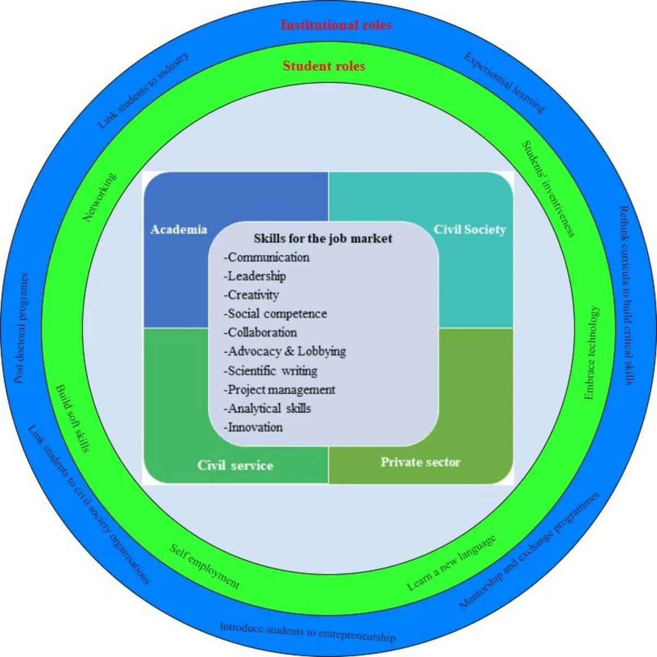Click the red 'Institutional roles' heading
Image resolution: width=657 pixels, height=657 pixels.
336,25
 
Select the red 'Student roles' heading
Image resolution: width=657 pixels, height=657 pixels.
324,66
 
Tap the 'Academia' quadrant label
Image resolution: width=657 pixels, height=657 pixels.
178,229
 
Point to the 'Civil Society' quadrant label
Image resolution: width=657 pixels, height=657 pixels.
470,229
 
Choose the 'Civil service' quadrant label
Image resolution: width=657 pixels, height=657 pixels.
235,465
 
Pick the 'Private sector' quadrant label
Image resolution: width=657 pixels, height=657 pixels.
420,462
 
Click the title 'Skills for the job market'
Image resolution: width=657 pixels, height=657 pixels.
323,239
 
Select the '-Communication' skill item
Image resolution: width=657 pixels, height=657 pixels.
267,257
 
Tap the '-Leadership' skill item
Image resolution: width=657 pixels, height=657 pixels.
255,276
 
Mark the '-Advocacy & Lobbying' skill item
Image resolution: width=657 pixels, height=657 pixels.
285,351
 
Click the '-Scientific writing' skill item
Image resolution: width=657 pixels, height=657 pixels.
270,371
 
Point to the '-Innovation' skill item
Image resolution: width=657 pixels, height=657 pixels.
253,427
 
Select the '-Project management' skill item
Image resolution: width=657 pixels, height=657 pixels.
279,390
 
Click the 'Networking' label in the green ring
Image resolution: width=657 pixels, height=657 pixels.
100,198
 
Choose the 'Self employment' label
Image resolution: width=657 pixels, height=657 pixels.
204,566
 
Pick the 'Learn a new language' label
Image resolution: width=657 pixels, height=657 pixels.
452,563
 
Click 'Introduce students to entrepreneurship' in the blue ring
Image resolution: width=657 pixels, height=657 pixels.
307,631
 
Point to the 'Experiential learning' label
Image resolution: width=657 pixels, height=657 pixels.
504,83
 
